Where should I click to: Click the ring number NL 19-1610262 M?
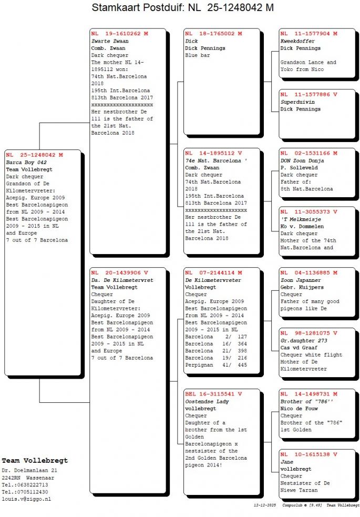119,34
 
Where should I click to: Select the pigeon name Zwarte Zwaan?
110,41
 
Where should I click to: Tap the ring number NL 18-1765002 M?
213,34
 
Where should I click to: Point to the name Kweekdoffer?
297,41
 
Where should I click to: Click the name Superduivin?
297,102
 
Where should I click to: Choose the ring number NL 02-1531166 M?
308,154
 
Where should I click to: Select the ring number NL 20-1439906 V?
119,273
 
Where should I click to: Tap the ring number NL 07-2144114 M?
213,273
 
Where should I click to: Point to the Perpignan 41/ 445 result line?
216,365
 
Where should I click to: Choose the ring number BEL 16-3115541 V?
213,394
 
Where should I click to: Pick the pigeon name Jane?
286,462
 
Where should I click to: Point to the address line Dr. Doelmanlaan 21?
29,470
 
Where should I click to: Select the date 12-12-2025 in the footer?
264,504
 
